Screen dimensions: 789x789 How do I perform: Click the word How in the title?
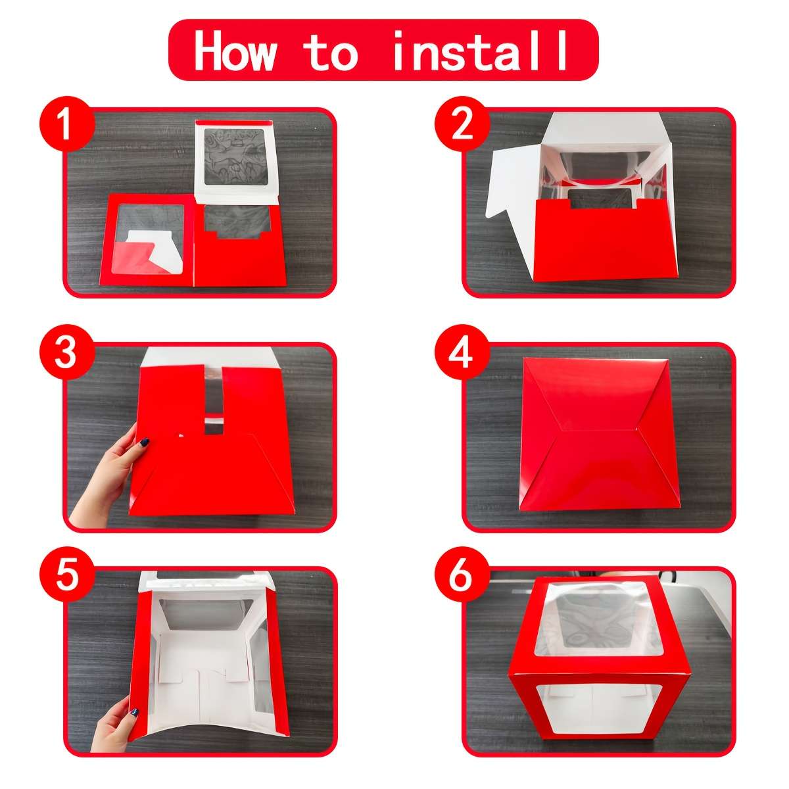click(235, 51)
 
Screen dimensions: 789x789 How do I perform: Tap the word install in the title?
click(480, 51)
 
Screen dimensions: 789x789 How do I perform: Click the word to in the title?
click(331, 51)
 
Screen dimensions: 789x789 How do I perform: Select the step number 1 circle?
click(67, 124)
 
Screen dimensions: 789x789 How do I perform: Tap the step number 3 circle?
click(67, 352)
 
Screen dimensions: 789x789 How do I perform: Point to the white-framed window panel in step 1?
click(236, 162)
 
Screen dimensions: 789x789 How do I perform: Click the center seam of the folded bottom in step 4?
click(600, 430)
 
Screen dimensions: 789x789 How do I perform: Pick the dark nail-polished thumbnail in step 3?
click(144, 442)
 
